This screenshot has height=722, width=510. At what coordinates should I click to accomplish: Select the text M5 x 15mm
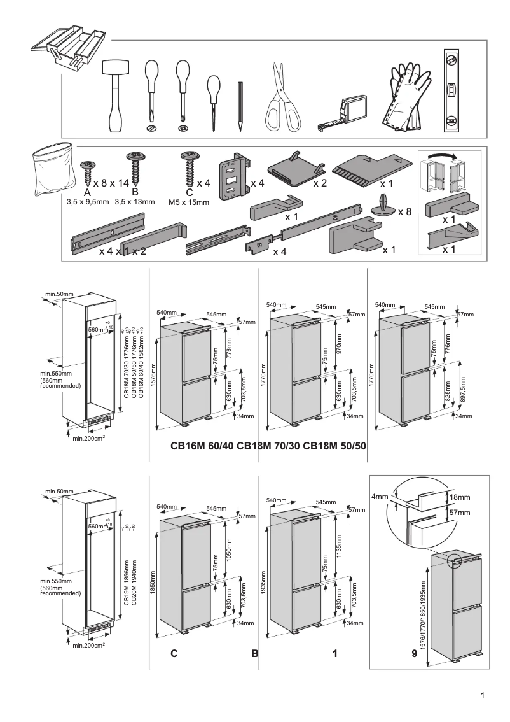point(189,202)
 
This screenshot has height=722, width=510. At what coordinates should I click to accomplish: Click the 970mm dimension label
point(339,344)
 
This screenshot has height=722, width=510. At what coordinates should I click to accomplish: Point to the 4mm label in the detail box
point(380,497)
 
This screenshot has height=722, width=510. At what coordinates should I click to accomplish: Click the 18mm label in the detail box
point(460,497)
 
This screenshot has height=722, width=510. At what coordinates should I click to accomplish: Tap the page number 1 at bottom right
point(483,696)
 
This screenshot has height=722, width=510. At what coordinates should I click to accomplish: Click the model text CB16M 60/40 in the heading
point(202,446)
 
